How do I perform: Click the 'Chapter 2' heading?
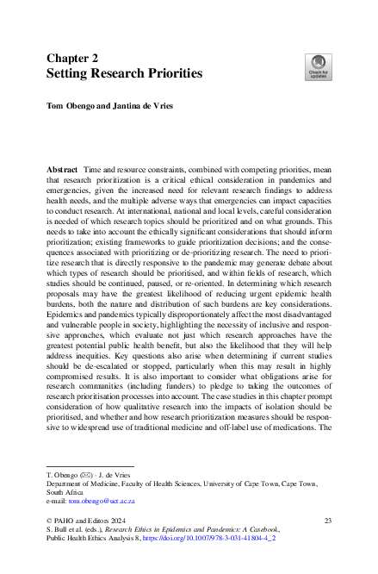[x=71, y=59]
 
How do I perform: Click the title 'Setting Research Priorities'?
[x=124, y=74]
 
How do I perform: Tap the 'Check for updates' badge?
[x=319, y=67]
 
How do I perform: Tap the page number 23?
[x=328, y=521]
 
